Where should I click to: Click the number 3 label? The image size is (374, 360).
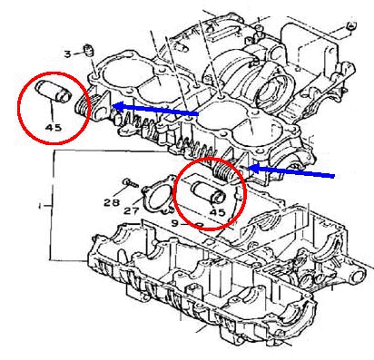pyautogui.click(x=68, y=54)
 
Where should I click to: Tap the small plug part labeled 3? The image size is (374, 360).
pyautogui.click(x=89, y=50)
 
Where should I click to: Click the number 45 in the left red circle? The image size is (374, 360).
pyautogui.click(x=54, y=127)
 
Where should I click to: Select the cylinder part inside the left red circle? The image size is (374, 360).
pyautogui.click(x=54, y=91)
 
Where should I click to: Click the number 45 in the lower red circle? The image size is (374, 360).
pyautogui.click(x=218, y=212)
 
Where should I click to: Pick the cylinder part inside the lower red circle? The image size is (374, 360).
pyautogui.click(x=209, y=192)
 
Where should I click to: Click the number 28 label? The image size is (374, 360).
pyautogui.click(x=111, y=202)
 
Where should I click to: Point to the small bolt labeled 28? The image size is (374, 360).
pyautogui.click(x=131, y=182)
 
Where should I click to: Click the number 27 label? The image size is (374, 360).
pyautogui.click(x=132, y=210)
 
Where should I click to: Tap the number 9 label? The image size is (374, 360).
pyautogui.click(x=174, y=223)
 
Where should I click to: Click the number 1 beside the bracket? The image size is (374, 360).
pyautogui.click(x=40, y=206)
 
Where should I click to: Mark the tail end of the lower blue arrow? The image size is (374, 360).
pyautogui.click(x=334, y=176)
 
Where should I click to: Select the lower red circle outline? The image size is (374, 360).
pyautogui.click(x=175, y=193)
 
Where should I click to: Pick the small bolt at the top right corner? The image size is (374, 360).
pyautogui.click(x=351, y=25)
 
